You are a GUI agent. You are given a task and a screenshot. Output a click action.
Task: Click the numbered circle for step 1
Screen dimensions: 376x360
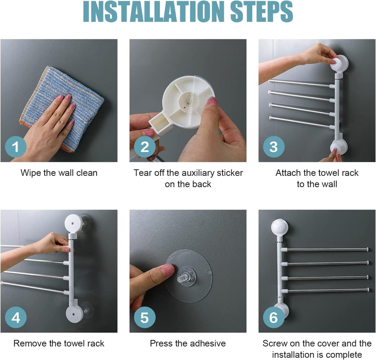[x=16, y=147]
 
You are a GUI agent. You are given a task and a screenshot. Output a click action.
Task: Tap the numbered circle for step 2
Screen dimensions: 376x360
[x=145, y=147]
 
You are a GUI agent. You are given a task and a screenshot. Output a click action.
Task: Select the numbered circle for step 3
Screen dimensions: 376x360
[x=274, y=147]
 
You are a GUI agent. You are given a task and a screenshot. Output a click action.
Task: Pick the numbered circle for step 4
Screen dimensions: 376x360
[x=16, y=317]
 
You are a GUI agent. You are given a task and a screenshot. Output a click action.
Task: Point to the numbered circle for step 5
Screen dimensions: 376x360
[x=145, y=317]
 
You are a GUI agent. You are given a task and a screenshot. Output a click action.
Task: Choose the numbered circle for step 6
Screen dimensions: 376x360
[x=274, y=317]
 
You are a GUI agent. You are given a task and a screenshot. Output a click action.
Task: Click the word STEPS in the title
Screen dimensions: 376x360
[x=261, y=11]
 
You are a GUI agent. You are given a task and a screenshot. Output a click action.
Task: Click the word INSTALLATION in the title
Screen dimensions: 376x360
[x=153, y=11]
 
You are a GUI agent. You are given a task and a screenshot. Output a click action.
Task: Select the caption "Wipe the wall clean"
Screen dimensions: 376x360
[x=59, y=173]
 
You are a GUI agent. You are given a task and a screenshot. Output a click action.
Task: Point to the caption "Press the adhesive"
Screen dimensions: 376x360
[x=188, y=343]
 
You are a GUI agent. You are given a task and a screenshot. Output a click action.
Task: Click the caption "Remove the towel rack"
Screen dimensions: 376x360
[x=59, y=343]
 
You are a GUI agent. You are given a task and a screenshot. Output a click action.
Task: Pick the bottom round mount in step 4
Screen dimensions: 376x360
[x=75, y=314]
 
